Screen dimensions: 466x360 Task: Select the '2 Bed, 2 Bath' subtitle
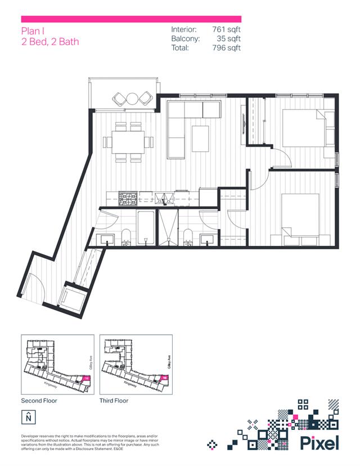pos(50,42)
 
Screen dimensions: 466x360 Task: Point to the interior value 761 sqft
pos(226,29)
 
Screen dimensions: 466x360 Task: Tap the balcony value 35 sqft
pos(228,38)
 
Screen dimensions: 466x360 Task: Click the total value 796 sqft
pos(226,48)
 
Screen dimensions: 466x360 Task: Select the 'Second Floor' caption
pos(39,401)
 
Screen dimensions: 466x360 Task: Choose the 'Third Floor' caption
pos(114,401)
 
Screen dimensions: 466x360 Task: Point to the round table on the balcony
pos(132,98)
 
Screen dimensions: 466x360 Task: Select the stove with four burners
pos(127,198)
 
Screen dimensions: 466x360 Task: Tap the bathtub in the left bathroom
pos(145,228)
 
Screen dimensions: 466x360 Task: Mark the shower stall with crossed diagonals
pos(168,228)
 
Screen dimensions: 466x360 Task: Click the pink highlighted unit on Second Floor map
pos(86,379)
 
